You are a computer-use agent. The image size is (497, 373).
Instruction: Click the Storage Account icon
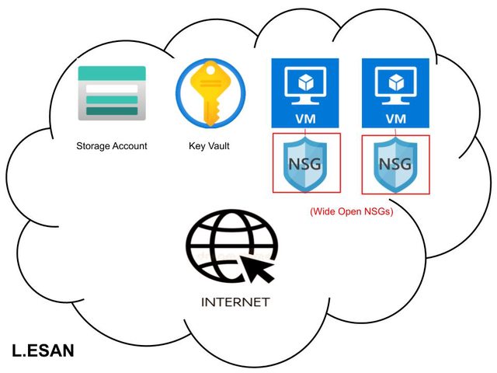pyautogui.click(x=112, y=92)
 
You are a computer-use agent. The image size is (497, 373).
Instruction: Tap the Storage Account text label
pyautogui.click(x=112, y=145)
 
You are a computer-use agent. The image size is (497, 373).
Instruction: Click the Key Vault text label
pyautogui.click(x=209, y=145)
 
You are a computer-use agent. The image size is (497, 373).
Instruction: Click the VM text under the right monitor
pyautogui.click(x=396, y=119)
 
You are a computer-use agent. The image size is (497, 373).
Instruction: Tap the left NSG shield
pyautogui.click(x=305, y=163)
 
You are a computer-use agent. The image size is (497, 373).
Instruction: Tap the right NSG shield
pyautogui.click(x=395, y=163)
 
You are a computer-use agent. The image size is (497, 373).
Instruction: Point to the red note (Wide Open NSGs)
pyautogui.click(x=352, y=211)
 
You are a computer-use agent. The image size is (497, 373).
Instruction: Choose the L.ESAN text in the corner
pyautogui.click(x=43, y=350)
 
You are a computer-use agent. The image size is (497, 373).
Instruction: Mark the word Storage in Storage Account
pyautogui.click(x=93, y=145)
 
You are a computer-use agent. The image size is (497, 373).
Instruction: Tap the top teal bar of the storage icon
pyautogui.click(x=112, y=72)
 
